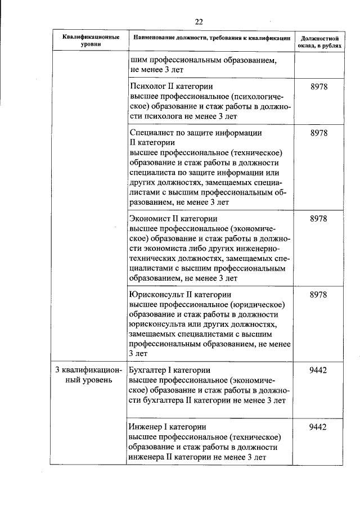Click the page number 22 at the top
(x=199, y=22)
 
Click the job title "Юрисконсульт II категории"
(x=181, y=294)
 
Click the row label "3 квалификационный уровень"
(x=88, y=375)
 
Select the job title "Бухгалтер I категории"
(x=169, y=370)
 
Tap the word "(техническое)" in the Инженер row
(x=255, y=437)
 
